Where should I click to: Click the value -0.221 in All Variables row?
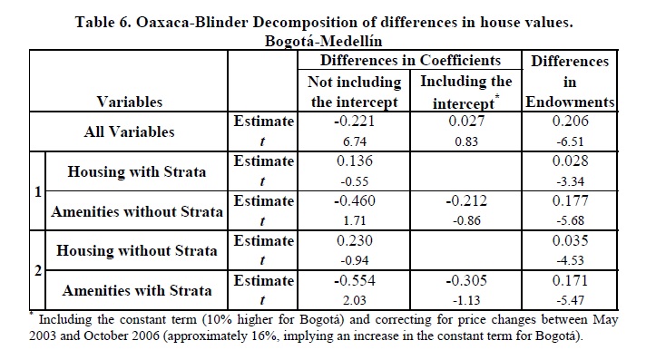pos(355,121)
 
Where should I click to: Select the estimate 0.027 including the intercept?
pos(466,121)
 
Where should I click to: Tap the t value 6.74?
pos(355,141)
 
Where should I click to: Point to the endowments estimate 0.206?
pos(570,121)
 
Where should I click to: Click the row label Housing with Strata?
pos(137,171)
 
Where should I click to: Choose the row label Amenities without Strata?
pos(137,211)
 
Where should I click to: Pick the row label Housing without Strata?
pos(137,250)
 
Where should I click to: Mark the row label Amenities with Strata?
pos(137,290)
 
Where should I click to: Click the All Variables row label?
pos(129,131)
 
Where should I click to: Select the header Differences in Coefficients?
pos(410,60)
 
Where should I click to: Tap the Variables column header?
pos(129,102)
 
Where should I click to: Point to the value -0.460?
pos(355,200)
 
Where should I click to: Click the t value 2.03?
pos(355,300)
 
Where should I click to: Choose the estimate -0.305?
pos(466,280)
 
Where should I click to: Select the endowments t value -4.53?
pos(570,260)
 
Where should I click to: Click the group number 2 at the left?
pos(37,271)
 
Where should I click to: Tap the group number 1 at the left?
pos(37,192)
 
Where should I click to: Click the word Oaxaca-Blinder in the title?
pos(192,22)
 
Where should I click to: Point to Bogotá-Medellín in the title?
pos(323,41)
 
